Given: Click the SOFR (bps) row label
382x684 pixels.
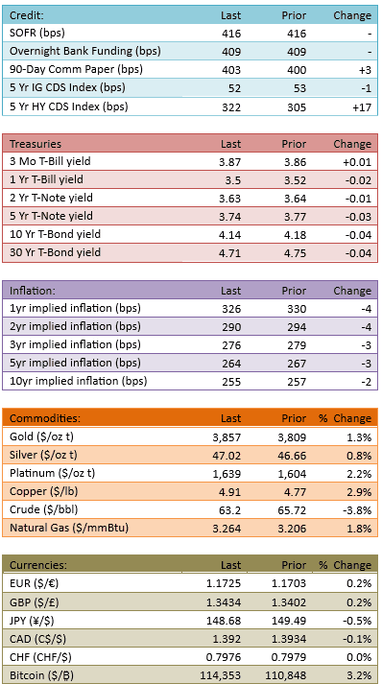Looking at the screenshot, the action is (x=36, y=34).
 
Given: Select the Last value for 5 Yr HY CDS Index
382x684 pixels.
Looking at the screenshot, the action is (x=231, y=106).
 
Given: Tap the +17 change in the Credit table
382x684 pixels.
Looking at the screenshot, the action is (x=362, y=106).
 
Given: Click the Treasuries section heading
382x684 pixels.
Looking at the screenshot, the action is (x=36, y=144).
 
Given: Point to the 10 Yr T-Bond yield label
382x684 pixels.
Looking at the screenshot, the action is (x=55, y=234).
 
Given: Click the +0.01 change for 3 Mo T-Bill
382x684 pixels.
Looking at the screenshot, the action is (x=357, y=163).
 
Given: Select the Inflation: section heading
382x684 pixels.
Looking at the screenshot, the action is (x=33, y=291).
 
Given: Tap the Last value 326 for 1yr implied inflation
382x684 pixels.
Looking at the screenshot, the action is (x=231, y=309).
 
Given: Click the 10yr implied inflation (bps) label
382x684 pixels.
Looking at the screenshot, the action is (x=78, y=381).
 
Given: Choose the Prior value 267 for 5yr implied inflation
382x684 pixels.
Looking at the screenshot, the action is (x=297, y=364).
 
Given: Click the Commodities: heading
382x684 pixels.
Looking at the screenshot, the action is (x=45, y=419).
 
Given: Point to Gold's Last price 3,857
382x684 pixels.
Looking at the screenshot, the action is (x=227, y=437).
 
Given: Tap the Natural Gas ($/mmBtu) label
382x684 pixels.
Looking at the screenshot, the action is (x=69, y=529).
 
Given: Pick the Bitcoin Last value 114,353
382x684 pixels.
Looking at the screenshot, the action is (x=221, y=675).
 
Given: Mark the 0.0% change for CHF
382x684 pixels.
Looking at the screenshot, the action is (x=360, y=657).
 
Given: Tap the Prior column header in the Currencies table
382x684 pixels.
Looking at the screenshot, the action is (x=294, y=565).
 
